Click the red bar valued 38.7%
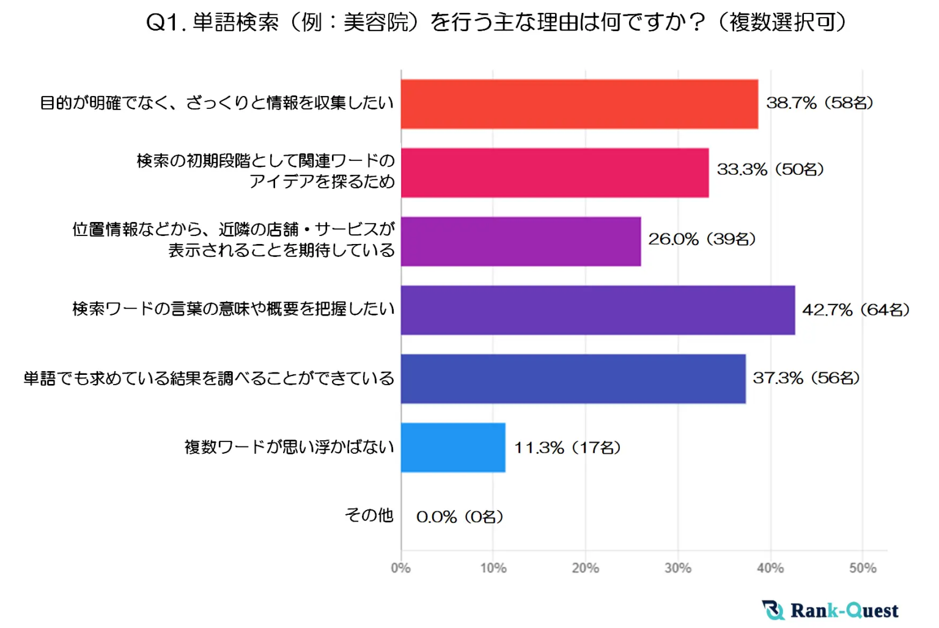[579, 104]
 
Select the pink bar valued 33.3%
[554, 172]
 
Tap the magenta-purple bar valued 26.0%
[521, 242]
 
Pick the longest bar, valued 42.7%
[598, 310]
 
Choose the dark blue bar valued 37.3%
[573, 379]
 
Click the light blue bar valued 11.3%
[453, 448]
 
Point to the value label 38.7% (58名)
[819, 103]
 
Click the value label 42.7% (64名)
[856, 310]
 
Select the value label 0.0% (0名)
[460, 517]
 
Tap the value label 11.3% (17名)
[567, 448]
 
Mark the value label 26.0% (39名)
[702, 239]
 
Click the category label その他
[369, 515]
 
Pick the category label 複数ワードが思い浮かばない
[289, 447]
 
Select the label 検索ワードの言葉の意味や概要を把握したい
[234, 309]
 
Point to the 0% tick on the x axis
[401, 568]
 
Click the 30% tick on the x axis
[678, 568]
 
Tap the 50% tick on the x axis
[863, 568]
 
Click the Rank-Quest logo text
[844, 610]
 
